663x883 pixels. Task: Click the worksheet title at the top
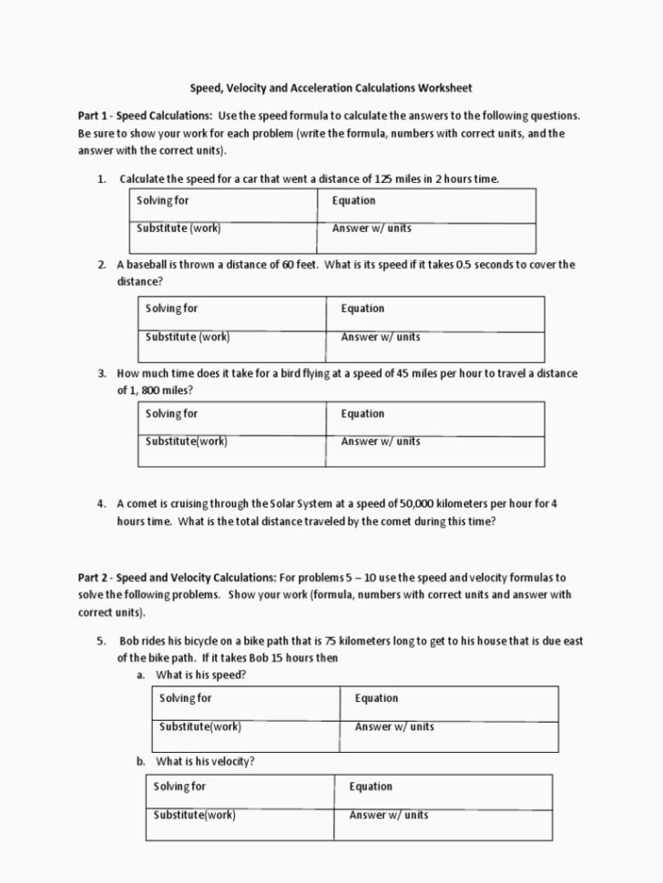(x=331, y=88)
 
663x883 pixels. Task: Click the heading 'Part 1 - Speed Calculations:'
(x=145, y=117)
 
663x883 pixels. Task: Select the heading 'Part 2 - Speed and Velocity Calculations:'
(x=177, y=578)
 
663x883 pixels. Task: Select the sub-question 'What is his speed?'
(x=200, y=675)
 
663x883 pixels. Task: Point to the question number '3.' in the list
(x=102, y=374)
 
